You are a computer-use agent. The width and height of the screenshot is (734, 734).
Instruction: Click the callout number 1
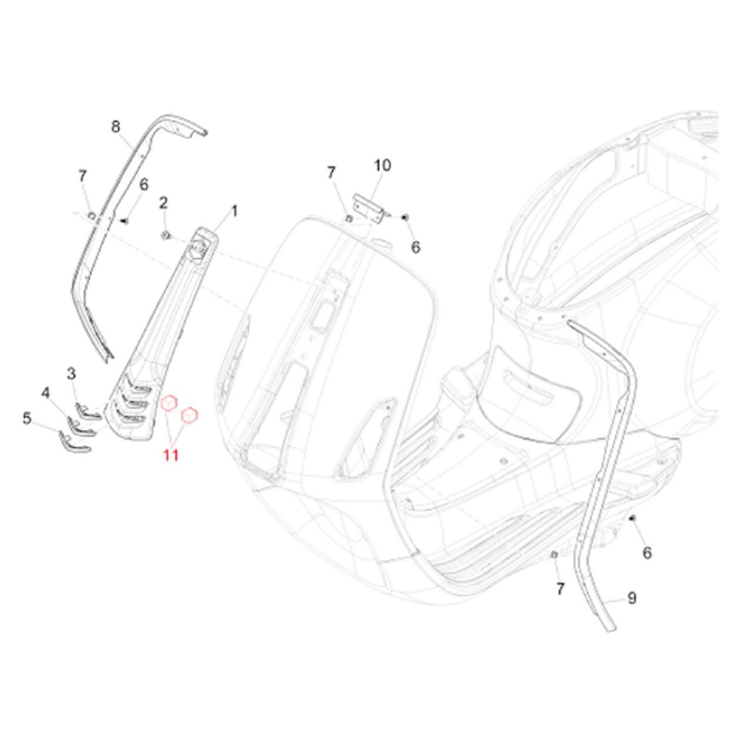(235, 211)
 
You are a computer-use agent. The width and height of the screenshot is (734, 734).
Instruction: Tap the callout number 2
(164, 203)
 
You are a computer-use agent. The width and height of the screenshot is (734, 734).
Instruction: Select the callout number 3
(71, 374)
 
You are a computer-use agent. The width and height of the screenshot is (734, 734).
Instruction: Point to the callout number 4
(45, 393)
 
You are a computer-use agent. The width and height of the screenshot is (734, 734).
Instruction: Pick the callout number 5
(27, 418)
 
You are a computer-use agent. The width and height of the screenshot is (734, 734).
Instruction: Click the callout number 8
(116, 127)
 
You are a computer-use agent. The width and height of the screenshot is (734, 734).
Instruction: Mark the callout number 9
(632, 598)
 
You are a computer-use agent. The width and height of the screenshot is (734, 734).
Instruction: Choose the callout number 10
(383, 165)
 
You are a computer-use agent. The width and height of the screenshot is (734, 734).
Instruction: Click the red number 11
(171, 455)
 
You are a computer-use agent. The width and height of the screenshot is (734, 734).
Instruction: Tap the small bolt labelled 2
(165, 235)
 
